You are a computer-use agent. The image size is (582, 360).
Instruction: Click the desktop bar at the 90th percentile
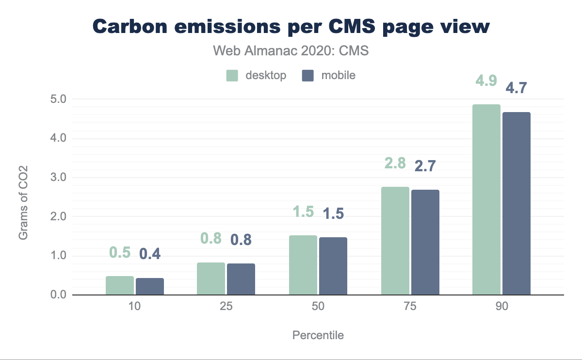coord(486,199)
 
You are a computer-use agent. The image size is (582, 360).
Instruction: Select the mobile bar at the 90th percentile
coord(517,203)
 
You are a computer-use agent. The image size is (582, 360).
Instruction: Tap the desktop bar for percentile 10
coord(120,285)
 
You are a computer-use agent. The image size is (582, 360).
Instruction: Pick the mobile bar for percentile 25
coord(241,279)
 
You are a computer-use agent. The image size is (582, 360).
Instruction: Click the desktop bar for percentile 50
coord(303,265)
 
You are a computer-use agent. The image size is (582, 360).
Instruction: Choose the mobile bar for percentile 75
coord(425,242)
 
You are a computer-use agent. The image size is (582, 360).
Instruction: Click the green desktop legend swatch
coord(232,76)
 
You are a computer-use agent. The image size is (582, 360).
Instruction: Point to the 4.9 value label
coord(486,81)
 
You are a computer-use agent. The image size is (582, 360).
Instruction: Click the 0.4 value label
coord(150,253)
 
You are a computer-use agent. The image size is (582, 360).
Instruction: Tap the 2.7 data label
coord(425,166)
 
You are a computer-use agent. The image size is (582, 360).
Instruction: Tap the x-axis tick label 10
coord(134,308)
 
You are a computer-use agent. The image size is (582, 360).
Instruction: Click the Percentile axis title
coord(318,335)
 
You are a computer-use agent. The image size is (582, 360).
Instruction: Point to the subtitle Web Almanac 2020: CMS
coord(291,51)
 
